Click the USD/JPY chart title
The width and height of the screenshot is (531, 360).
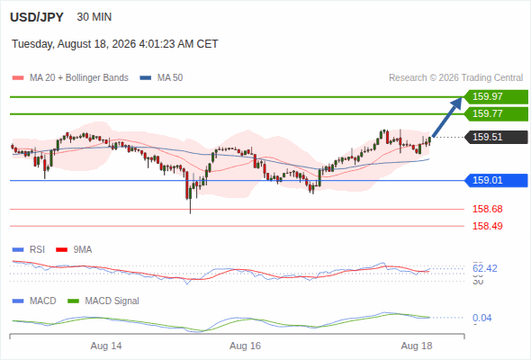tap(37, 17)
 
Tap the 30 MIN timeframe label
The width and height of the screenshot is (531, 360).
tap(94, 17)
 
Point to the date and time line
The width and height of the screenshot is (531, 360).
tap(115, 44)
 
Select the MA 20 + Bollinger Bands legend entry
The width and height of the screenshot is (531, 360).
tap(70, 78)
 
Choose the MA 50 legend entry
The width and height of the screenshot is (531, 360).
tap(161, 78)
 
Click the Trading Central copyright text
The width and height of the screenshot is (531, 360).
tap(455, 78)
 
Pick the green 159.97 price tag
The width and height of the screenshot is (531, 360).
tap(496, 97)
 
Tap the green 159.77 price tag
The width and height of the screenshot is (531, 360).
tap(496, 113)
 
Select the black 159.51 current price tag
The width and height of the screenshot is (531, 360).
tap(496, 137)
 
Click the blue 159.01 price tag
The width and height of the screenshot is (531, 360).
tap(496, 180)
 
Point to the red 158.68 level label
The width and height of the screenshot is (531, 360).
tap(487, 209)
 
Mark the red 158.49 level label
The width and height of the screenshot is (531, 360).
tap(487, 226)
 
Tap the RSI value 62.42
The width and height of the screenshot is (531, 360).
tap(485, 268)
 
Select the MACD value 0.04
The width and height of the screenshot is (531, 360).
tap(481, 318)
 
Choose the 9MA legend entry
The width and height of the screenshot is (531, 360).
tap(74, 250)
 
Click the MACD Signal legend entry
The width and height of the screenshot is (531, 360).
tap(103, 301)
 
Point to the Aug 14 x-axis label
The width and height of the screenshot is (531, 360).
tap(106, 346)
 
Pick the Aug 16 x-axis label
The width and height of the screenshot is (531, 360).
tap(245, 346)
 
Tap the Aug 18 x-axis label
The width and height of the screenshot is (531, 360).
tap(417, 346)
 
